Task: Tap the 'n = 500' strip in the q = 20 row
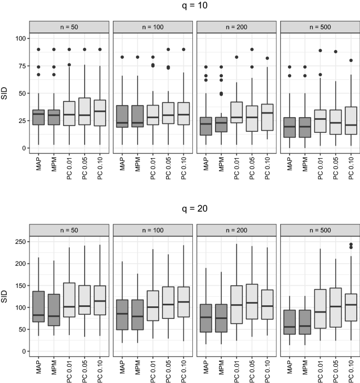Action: pos(320,230)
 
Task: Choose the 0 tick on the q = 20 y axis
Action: pos(22,351)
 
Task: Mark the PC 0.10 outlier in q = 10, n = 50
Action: pos(99,49)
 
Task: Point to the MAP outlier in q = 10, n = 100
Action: pos(122,57)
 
